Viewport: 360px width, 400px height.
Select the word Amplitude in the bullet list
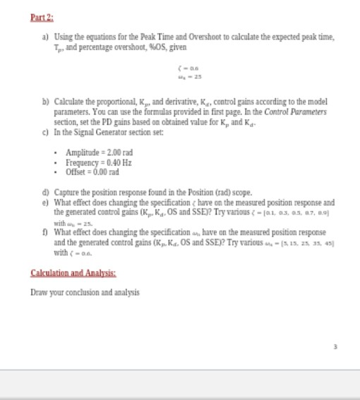(x=83, y=152)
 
